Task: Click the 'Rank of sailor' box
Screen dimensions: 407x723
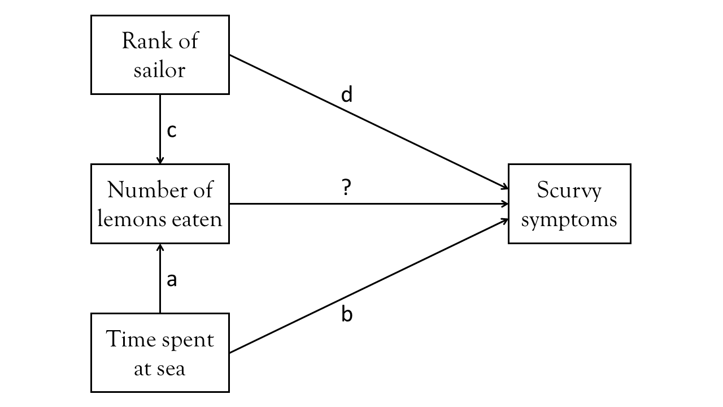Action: click(160, 55)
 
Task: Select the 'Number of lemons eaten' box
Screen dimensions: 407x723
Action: click(160, 203)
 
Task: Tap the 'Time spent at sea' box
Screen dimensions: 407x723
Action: click(160, 353)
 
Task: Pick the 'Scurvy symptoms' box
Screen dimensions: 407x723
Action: click(569, 203)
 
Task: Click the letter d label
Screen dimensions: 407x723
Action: click(347, 95)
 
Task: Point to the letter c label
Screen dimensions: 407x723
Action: click(172, 131)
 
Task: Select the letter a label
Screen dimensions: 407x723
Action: click(172, 279)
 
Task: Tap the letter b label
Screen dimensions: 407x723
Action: click(347, 314)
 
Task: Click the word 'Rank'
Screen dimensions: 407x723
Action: click(141, 41)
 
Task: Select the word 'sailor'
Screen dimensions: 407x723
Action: click(159, 70)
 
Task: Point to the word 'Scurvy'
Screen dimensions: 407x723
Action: click(569, 191)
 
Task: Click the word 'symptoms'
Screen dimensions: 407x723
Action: click(569, 219)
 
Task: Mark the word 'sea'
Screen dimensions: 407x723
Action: click(171, 369)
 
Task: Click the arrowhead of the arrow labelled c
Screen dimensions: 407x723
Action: click(160, 161)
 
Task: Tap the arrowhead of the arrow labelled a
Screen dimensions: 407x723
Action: click(160, 247)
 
